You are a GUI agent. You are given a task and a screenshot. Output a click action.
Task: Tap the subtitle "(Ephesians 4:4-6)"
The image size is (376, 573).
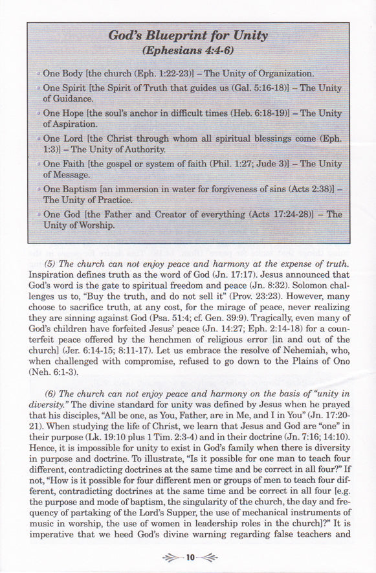(x=187, y=51)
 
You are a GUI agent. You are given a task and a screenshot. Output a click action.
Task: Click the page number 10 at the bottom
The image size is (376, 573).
(x=188, y=557)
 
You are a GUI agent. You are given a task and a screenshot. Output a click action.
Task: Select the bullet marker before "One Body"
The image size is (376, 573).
(x=39, y=74)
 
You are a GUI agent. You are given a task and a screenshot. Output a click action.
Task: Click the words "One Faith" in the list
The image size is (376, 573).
(x=65, y=163)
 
